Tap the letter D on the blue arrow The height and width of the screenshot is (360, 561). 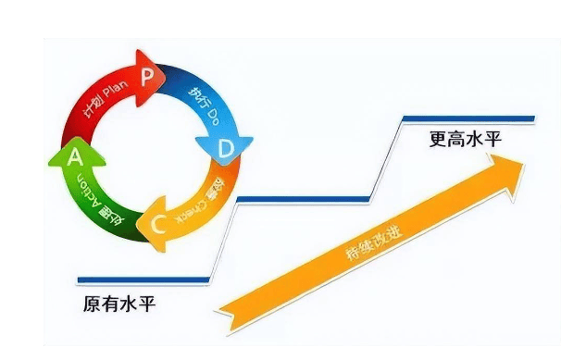(225, 147)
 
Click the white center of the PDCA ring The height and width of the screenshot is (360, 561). (153, 148)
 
